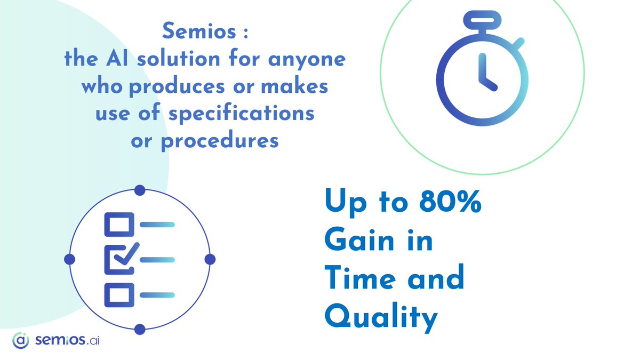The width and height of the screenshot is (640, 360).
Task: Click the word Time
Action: click(x=356, y=280)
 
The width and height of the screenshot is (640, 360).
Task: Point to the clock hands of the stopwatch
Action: click(x=486, y=75)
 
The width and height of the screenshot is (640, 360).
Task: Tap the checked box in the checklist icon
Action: click(x=116, y=258)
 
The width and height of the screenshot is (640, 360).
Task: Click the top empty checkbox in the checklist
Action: click(x=116, y=224)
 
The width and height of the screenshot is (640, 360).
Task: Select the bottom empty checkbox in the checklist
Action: click(x=116, y=294)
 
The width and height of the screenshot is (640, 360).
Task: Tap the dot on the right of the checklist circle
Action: click(x=210, y=259)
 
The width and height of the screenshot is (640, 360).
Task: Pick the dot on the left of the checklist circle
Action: click(x=69, y=259)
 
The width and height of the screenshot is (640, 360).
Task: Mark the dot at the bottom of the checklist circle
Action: click(x=140, y=330)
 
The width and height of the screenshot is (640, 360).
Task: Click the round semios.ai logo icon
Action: click(x=20, y=340)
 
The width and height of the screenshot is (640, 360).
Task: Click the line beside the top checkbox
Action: click(x=157, y=225)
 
